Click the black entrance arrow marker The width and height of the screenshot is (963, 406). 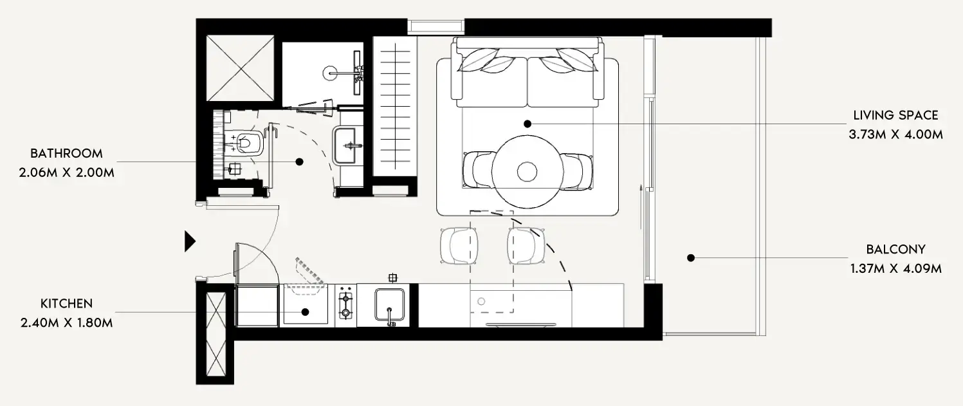[189, 241]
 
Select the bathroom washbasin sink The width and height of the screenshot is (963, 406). [347, 145]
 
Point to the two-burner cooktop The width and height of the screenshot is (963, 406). [346, 306]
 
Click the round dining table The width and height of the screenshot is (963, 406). [527, 171]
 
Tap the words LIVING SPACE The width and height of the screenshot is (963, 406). [895, 116]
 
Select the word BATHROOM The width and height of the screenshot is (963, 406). [66, 154]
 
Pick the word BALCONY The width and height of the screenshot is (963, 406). [895, 250]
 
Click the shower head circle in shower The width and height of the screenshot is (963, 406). [333, 73]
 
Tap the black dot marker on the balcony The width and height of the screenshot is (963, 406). [690, 258]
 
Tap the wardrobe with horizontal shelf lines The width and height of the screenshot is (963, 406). [395, 105]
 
